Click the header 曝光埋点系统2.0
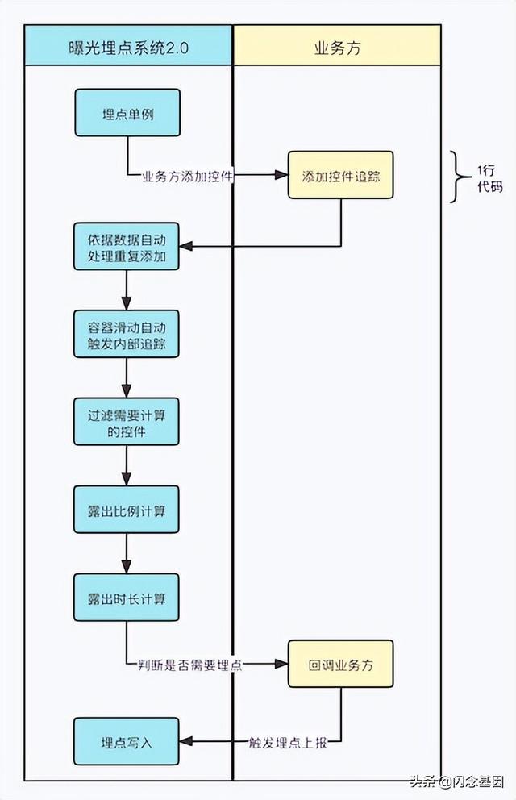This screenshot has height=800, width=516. point(128,47)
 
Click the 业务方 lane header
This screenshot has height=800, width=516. point(337,47)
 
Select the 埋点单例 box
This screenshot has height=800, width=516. point(127,113)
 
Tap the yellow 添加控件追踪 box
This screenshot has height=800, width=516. point(340,175)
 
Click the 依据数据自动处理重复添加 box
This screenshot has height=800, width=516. point(127,247)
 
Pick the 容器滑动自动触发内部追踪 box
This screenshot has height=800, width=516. point(127,334)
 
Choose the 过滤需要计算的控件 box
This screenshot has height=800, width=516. point(127,421)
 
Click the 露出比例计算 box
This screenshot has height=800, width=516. point(127,509)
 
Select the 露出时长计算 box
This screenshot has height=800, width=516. point(127,597)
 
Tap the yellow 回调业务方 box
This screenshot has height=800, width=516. point(340,663)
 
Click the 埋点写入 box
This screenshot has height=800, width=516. point(127,741)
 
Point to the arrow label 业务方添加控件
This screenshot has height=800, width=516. point(188,175)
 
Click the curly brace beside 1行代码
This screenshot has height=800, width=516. point(458,176)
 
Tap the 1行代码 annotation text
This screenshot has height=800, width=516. point(489,177)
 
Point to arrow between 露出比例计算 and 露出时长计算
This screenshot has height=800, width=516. point(127,553)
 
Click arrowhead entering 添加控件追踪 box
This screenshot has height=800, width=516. point(282,175)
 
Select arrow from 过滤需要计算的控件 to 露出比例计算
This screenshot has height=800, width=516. point(127,465)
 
